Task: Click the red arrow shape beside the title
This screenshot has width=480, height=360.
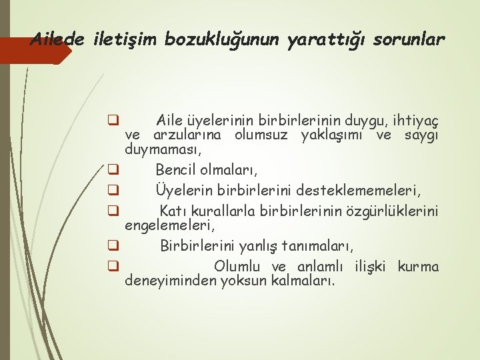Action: coord(33,51)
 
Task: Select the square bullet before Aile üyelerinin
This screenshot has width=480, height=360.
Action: coord(113,121)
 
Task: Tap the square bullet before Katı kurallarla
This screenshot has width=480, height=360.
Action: coord(113,211)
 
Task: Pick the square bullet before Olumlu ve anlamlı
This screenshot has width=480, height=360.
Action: coord(113,267)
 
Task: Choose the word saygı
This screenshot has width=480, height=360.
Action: coord(421,136)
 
